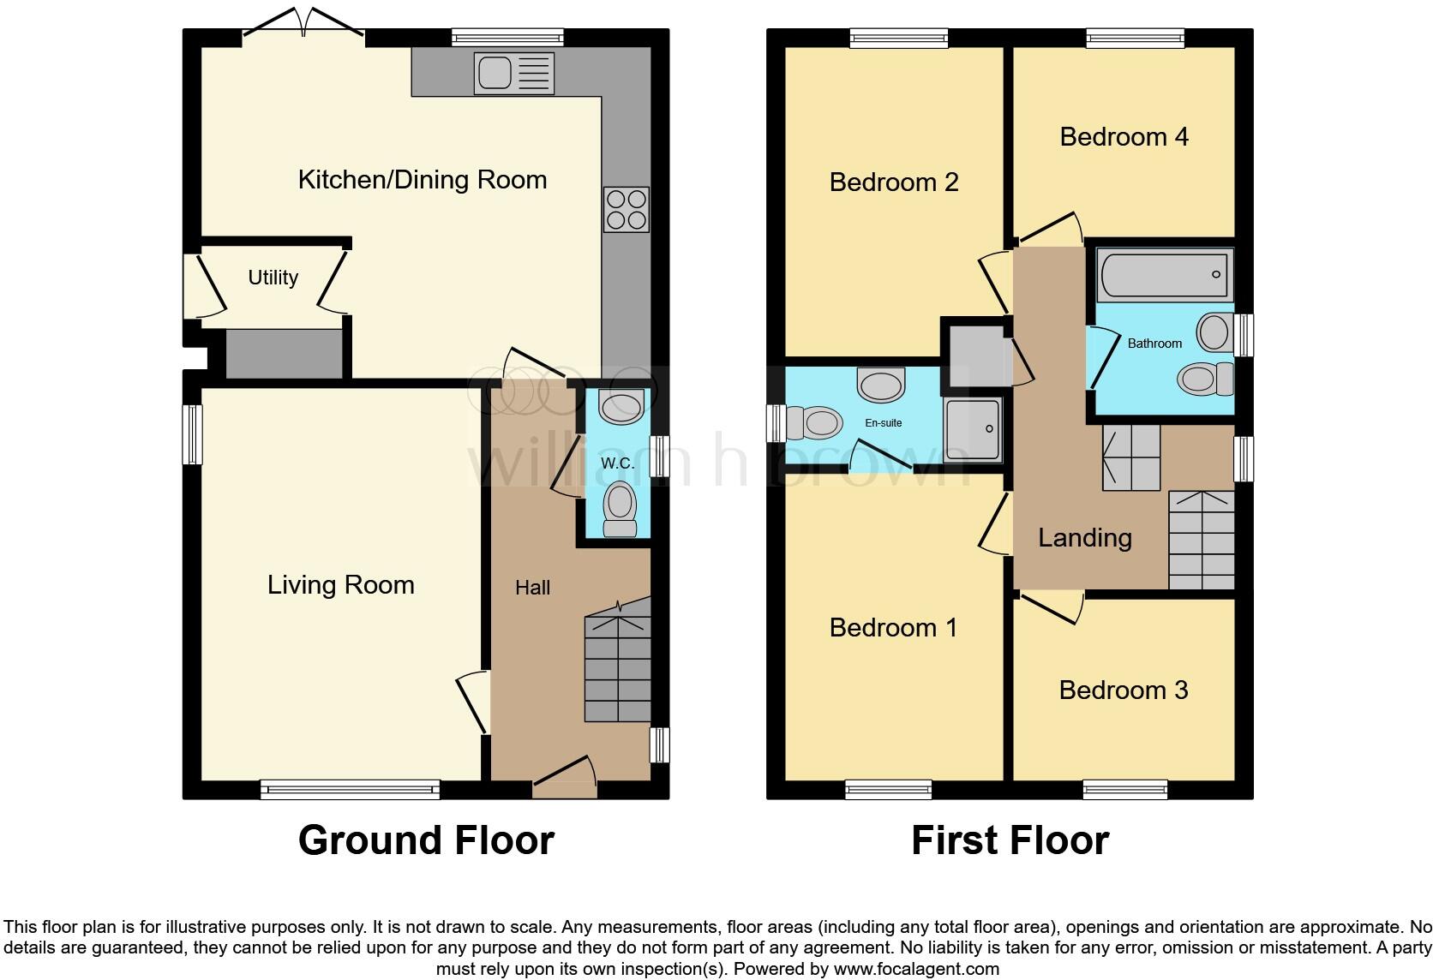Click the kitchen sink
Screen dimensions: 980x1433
pos(513,74)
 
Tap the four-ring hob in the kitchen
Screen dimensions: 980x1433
pos(626,209)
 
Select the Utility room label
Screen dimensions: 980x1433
pos(273,278)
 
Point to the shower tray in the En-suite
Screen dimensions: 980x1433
pos(972,429)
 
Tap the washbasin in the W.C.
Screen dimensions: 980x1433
pos(621,407)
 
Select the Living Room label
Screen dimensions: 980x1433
pos(340,585)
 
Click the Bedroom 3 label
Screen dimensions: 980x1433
pos(1123,690)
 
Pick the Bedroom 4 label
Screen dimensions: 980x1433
pos(1124,137)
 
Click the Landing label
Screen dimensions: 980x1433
pos(1084,538)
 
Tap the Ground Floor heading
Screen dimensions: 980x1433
pos(426,840)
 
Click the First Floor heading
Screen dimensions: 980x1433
pos(1010,840)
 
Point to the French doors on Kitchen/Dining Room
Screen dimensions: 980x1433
pos(304,26)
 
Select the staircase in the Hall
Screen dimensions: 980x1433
pos(617,668)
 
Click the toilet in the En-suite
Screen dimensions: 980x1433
pos(810,422)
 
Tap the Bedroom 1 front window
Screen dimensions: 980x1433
pos(888,789)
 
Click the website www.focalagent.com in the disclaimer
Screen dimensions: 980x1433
pos(915,970)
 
